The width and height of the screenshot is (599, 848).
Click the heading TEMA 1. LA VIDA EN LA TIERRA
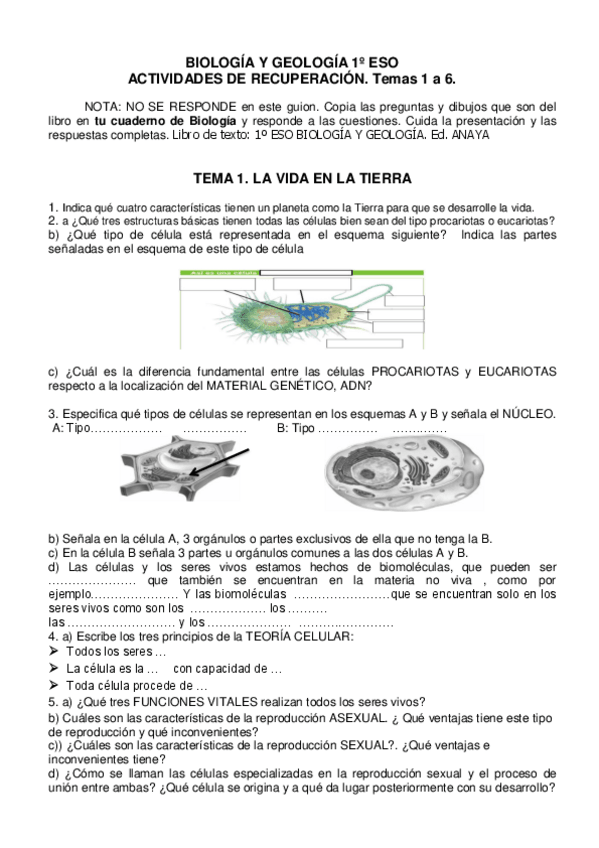301,179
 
